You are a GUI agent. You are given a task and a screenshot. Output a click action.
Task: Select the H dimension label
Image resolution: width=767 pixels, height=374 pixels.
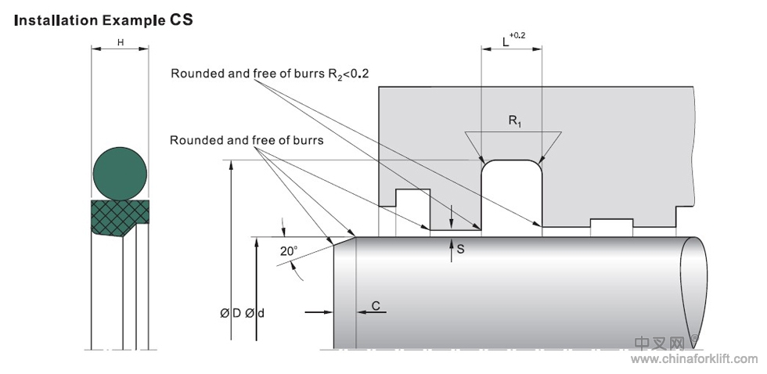(121, 42)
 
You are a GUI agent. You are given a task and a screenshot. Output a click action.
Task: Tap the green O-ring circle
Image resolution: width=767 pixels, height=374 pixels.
(120, 172)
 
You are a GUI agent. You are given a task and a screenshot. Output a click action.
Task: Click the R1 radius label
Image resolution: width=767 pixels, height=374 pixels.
(513, 120)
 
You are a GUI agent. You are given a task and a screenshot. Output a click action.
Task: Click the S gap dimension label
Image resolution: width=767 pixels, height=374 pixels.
(461, 250)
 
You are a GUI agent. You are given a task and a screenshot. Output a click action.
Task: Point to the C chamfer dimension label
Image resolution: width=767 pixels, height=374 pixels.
(376, 306)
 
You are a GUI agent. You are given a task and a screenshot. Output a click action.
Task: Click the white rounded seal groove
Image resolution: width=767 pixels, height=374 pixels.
(511, 196)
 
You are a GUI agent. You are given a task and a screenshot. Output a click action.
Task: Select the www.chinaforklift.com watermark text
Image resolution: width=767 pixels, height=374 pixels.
(693, 359)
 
